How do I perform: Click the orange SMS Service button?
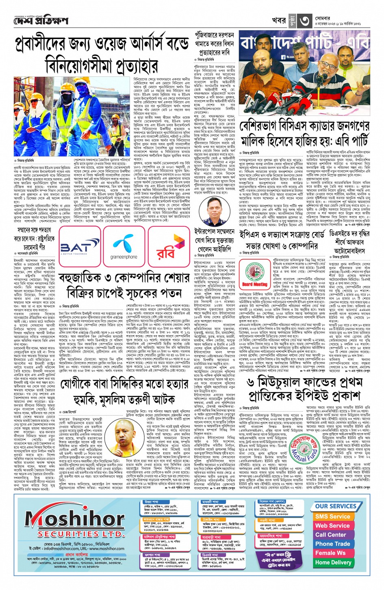tap(332, 516)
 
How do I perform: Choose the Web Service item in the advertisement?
tap(332, 525)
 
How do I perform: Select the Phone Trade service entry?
tap(332, 544)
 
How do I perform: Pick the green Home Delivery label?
tap(333, 562)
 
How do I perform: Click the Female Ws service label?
tap(330, 553)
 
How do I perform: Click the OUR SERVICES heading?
tap(336, 506)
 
